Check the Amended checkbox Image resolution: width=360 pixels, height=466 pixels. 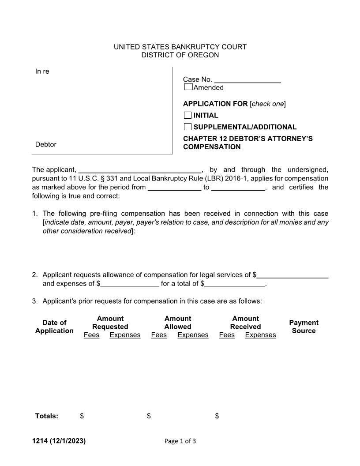(188, 87)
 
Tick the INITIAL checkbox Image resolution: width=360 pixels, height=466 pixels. (188, 115)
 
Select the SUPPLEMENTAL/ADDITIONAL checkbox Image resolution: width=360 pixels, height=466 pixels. (188, 127)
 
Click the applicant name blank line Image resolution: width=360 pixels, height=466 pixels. (139, 170)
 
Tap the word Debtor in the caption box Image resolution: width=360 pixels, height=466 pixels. (46, 144)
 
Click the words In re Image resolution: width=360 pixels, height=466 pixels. (42, 71)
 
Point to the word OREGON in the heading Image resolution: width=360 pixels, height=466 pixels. (201, 55)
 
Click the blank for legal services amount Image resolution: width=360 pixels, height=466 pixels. (292, 275)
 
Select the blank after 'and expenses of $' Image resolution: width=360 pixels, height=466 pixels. (130, 284)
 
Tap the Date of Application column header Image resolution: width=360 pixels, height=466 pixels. (54, 327)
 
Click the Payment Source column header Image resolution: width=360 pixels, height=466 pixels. (304, 327)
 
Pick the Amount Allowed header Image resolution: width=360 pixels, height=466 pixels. (178, 323)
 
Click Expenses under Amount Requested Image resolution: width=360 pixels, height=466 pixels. (125, 335)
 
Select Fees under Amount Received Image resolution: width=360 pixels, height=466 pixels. (227, 335)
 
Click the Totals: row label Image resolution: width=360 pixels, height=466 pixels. (47, 416)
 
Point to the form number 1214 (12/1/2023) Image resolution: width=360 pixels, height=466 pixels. (59, 441)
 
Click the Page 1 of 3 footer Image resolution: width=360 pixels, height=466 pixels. (180, 441)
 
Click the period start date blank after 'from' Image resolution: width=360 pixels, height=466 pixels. (174, 188)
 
